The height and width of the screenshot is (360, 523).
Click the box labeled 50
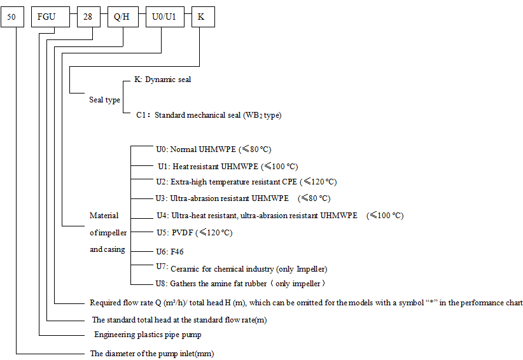(x=11, y=17)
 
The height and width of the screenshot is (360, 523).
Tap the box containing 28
(x=88, y=17)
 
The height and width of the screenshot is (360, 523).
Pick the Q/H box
(x=121, y=17)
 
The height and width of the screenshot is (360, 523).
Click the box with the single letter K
(x=202, y=17)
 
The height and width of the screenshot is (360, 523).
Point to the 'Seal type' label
(x=104, y=100)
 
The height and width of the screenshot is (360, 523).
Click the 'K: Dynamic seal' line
(x=162, y=80)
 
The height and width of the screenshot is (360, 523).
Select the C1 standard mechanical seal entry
(x=209, y=116)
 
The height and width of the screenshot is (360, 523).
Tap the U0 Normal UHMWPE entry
(x=213, y=149)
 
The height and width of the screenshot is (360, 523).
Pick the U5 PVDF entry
(x=194, y=233)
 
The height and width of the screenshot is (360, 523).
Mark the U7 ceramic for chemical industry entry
(x=242, y=268)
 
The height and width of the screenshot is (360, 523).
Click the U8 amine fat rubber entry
(x=241, y=284)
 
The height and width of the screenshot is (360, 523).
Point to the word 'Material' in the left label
(x=104, y=216)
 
